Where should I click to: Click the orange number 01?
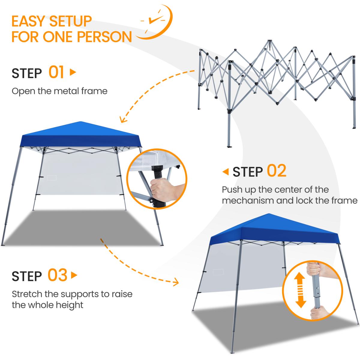[x=56, y=72]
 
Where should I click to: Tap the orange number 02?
[x=277, y=171]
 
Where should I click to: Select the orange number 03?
[x=57, y=275]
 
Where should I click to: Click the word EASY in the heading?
[x=29, y=21]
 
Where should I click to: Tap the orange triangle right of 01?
[x=73, y=72]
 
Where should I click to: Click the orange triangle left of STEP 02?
[x=226, y=172]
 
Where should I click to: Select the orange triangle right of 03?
[x=74, y=275]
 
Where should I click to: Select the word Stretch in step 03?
[x=27, y=294]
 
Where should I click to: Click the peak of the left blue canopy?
[x=80, y=122]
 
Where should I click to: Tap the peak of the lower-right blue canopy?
[x=269, y=214]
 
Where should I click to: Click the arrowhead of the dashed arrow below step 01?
[x=123, y=120]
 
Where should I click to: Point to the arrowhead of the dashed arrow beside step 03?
[x=175, y=282]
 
